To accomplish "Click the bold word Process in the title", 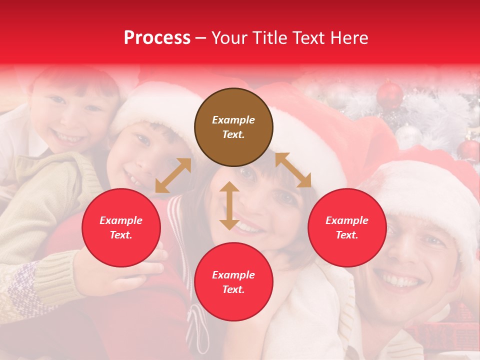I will tap(157, 38).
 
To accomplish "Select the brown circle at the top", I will tap(233, 127).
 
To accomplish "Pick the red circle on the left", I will tap(121, 227).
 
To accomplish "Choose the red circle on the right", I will tap(347, 227).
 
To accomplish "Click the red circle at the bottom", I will tap(233, 282).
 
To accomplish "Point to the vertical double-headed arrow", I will tap(229, 205).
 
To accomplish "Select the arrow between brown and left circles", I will tap(173, 175).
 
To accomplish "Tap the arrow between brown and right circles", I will tap(293, 170).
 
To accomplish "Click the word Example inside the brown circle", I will tap(233, 120).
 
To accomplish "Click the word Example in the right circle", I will tap(347, 220).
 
